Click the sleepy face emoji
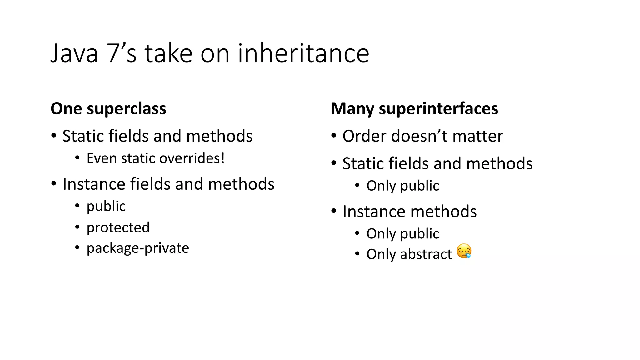(x=464, y=251)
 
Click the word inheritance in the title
(x=303, y=53)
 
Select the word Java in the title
(x=74, y=53)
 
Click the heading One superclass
(x=108, y=109)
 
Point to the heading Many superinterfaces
(x=414, y=109)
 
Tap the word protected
(x=118, y=227)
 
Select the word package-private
(x=138, y=248)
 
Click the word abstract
(x=426, y=254)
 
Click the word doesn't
(x=419, y=136)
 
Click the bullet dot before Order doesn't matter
(x=334, y=136)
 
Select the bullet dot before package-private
(x=77, y=248)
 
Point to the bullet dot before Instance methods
(x=334, y=211)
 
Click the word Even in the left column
(x=101, y=158)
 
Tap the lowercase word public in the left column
(x=106, y=206)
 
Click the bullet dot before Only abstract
(x=357, y=254)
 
